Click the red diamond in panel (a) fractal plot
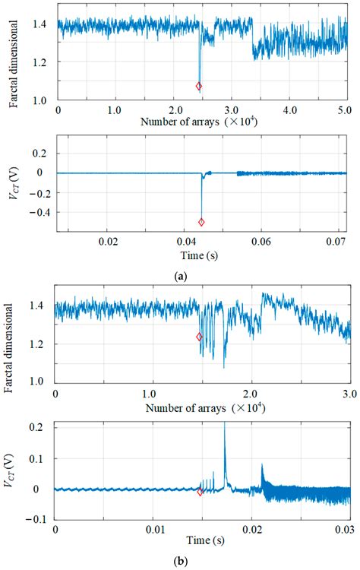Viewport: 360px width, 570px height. pos(199,87)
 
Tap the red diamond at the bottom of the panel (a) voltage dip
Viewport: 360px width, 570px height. pos(201,222)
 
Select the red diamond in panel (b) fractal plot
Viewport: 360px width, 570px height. pos(199,337)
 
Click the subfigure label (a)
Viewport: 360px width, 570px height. pos(180,277)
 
